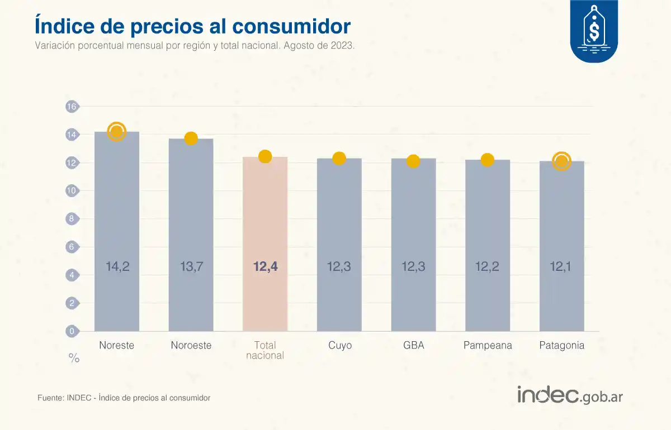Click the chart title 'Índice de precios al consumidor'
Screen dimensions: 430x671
pos(193,26)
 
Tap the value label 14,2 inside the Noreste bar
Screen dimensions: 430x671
pos(117,267)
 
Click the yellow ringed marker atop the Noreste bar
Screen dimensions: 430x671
pos(116,132)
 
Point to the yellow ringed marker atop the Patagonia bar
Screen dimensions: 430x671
pos(561,161)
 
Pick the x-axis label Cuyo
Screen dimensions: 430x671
pos(340,345)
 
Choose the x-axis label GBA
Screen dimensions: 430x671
pos(414,345)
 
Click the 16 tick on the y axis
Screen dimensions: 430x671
pos(72,107)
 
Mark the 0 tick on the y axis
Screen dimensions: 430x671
pos(72,331)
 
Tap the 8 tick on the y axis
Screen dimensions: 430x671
pos(72,219)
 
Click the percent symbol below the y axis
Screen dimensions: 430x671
pos(74,359)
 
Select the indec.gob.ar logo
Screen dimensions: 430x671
pos(570,395)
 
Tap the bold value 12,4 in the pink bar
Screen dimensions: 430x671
pos(265,267)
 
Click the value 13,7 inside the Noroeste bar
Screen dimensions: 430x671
pos(191,267)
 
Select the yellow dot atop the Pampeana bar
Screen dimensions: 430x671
pos(487,160)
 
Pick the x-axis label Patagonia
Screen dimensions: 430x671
pos(561,345)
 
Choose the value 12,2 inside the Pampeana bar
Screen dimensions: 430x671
pos(488,267)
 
